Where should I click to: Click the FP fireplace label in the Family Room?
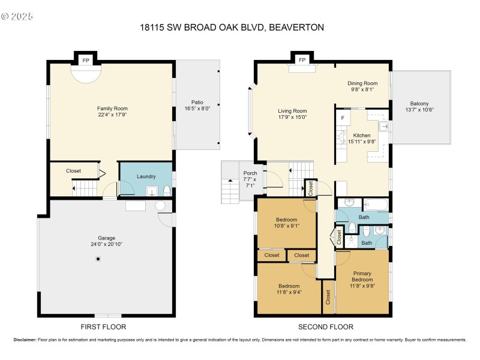pyautogui.click(x=85, y=60)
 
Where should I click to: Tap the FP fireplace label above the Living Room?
pyautogui.click(x=302, y=60)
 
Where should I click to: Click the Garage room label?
pyautogui.click(x=106, y=238)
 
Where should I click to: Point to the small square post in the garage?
pyautogui.click(x=98, y=259)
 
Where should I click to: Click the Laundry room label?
pyautogui.click(x=146, y=176)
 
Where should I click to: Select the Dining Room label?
pyautogui.click(x=362, y=83)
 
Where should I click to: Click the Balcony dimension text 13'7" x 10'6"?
pyautogui.click(x=419, y=109)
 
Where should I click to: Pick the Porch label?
pyautogui.click(x=250, y=173)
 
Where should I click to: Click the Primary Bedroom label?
pyautogui.click(x=362, y=277)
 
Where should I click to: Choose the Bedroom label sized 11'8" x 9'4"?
pyautogui.click(x=289, y=286)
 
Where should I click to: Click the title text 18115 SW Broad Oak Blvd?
pyautogui.click(x=232, y=27)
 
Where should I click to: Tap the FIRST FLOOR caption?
pyautogui.click(x=103, y=327)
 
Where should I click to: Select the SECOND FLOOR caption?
pyautogui.click(x=326, y=327)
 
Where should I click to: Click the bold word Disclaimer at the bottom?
pyautogui.click(x=25, y=340)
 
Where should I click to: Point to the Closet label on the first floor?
pyautogui.click(x=73, y=171)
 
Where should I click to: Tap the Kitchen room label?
pyautogui.click(x=362, y=136)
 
